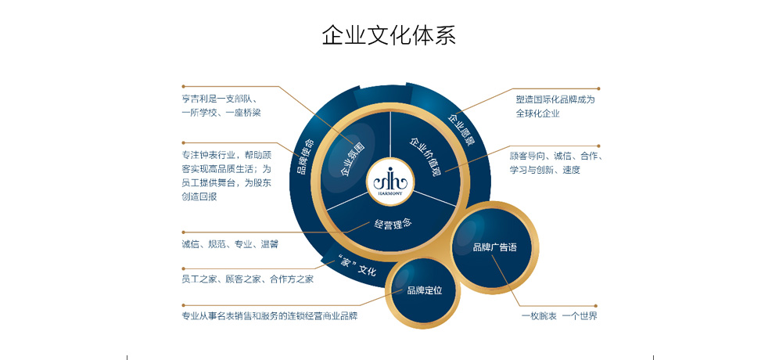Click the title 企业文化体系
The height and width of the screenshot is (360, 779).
(389, 35)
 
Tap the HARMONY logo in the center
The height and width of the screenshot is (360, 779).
(390, 182)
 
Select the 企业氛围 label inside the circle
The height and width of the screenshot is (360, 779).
(352, 159)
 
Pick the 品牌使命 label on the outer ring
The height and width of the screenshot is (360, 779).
(305, 157)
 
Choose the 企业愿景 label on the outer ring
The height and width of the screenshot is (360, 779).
(461, 129)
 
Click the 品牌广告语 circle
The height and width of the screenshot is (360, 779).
(494, 247)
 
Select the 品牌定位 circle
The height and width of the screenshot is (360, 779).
(424, 291)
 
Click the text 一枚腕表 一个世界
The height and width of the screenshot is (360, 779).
(559, 316)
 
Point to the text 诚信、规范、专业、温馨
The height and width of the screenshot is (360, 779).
(230, 244)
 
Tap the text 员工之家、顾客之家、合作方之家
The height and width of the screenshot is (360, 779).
(248, 279)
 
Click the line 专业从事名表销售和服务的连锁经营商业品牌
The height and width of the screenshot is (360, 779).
(270, 316)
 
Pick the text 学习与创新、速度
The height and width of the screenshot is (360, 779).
(544, 170)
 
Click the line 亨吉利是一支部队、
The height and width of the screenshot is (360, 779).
(223, 99)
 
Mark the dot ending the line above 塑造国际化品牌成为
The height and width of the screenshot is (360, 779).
(598, 89)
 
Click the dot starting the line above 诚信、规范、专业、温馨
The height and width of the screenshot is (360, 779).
(183, 232)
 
